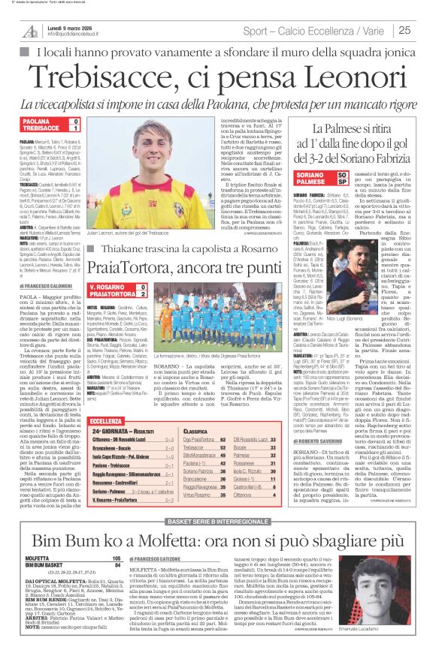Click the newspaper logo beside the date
pyautogui.click(x=30, y=31)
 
